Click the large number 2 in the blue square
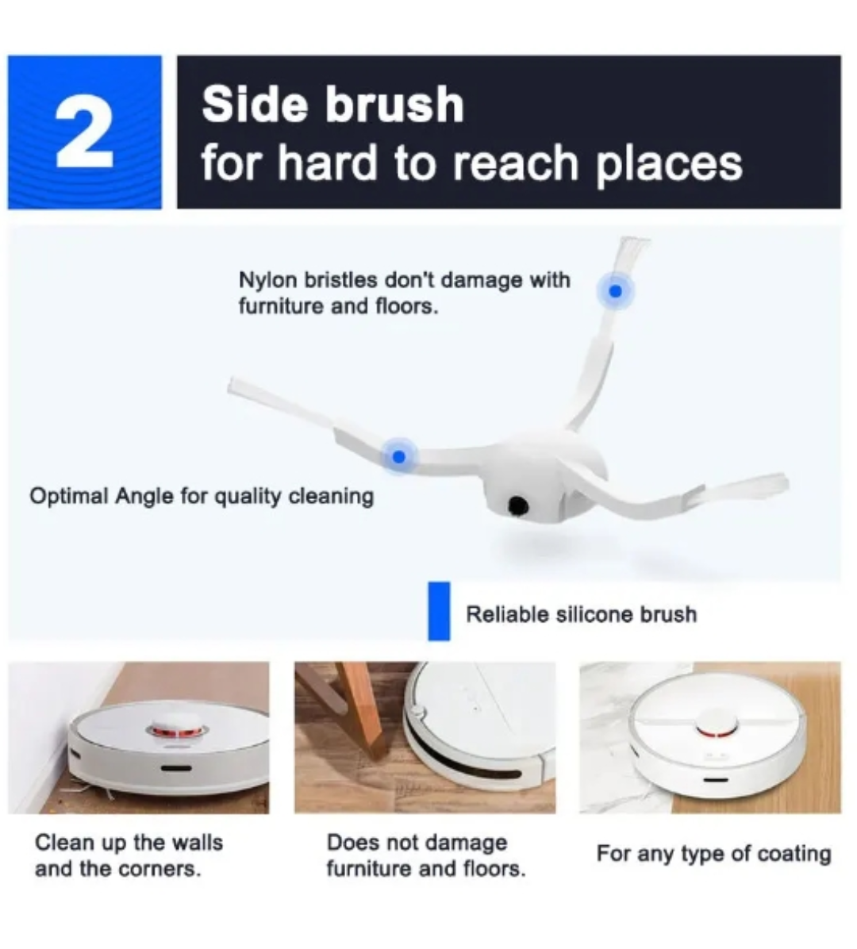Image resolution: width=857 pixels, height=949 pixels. pos(84,133)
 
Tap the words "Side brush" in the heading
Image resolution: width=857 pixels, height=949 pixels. pos(332,104)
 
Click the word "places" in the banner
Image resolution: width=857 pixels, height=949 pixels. pos(669,163)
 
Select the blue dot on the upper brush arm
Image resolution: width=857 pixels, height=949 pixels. pos(616,291)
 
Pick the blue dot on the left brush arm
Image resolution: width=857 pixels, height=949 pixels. pos(398,456)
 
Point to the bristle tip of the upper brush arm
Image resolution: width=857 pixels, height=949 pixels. pos(634,242)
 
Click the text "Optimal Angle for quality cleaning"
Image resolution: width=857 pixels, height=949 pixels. pos(202,496)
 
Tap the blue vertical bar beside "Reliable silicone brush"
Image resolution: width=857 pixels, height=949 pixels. pos(439,611)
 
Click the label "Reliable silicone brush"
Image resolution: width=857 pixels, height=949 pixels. pos(581,614)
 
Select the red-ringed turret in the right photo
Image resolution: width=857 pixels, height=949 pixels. pos(717,727)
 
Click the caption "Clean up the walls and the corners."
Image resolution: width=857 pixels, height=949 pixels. pos(129,856)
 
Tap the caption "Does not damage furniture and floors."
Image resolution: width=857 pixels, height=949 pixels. pos(426,856)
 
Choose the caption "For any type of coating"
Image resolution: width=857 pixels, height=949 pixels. pos(713,854)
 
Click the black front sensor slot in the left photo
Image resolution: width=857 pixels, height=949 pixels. pos(176,769)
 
